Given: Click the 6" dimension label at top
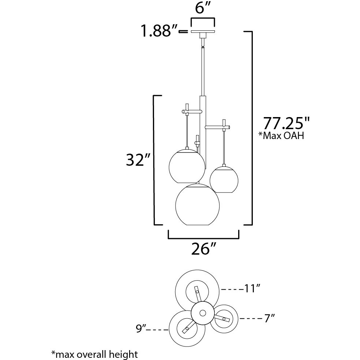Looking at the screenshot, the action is [x=203, y=8].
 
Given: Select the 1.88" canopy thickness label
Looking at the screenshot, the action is [x=160, y=31].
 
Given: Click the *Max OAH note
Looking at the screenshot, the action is [x=281, y=135].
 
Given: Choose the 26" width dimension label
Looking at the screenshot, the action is [x=203, y=249].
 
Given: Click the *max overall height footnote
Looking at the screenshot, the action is [x=95, y=354].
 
